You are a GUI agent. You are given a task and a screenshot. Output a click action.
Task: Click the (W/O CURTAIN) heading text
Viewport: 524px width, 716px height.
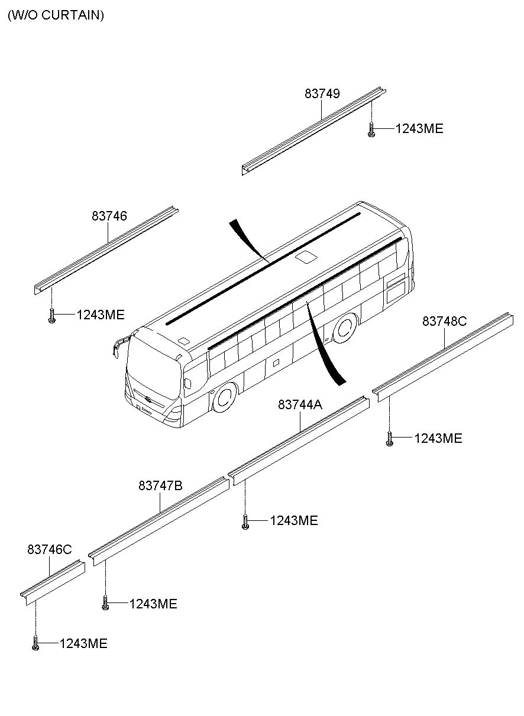click(x=56, y=15)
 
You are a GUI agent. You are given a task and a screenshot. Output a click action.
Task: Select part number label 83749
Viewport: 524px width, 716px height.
click(x=322, y=93)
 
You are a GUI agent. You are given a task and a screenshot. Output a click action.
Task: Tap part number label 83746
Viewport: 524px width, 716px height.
click(x=109, y=216)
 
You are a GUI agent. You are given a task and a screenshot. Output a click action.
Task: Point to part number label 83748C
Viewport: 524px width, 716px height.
click(x=444, y=321)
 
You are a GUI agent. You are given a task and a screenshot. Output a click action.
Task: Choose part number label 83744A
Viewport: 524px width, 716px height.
click(x=300, y=404)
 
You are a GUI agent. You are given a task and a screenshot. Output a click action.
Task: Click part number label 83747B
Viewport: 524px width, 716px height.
click(x=160, y=485)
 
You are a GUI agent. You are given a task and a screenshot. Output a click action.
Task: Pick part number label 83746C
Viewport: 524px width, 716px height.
click(x=49, y=549)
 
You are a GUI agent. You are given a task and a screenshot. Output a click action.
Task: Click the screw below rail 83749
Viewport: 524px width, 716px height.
click(x=371, y=129)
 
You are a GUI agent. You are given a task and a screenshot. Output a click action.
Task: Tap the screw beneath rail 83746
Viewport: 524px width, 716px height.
click(x=52, y=316)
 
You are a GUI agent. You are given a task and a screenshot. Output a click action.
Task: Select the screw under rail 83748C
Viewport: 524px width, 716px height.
click(x=389, y=439)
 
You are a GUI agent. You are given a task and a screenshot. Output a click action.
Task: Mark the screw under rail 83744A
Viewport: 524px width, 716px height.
click(x=245, y=521)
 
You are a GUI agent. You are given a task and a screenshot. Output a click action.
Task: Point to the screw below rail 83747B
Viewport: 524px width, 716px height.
click(x=105, y=604)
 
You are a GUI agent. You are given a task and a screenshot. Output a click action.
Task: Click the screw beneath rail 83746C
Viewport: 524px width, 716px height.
click(x=35, y=644)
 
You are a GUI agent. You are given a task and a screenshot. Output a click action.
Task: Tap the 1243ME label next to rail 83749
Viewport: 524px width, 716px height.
click(x=419, y=129)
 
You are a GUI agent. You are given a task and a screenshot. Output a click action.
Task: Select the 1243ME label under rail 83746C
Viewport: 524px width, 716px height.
click(x=83, y=644)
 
